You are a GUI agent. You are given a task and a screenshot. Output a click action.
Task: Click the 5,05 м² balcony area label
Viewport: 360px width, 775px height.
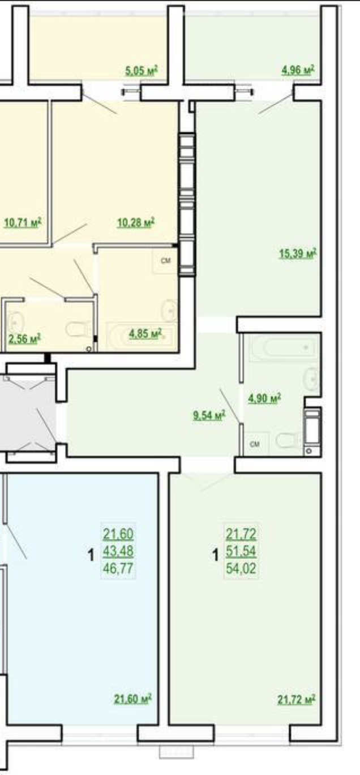pos(142,71)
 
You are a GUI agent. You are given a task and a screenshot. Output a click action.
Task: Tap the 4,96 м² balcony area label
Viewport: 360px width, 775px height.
pos(298,70)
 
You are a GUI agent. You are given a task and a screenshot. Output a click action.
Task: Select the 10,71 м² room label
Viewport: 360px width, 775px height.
pos(23,222)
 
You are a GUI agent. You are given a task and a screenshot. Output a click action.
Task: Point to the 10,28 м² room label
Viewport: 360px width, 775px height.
pos(136,222)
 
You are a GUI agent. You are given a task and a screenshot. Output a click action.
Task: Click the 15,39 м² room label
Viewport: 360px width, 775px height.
pos(298,253)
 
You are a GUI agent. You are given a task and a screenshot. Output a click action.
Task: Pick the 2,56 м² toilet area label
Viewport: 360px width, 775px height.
pos(24,338)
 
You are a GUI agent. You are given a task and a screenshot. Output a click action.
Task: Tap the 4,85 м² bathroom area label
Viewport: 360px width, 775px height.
pos(145,334)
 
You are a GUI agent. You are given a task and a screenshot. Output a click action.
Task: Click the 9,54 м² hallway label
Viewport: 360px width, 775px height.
pos(209,415)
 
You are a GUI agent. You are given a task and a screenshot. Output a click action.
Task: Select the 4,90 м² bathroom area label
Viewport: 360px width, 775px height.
pos(264,398)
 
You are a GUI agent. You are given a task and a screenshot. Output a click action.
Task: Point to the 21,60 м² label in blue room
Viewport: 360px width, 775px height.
pos(133,699)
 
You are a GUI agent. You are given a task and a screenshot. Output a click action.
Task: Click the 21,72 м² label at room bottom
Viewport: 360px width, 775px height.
pos(296,700)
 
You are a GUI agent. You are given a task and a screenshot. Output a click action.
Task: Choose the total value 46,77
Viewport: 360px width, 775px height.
pos(118,568)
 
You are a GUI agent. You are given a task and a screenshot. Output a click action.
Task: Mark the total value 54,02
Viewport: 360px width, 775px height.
pos(241,568)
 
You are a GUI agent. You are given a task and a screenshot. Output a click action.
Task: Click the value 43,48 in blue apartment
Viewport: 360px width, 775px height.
pos(118,551)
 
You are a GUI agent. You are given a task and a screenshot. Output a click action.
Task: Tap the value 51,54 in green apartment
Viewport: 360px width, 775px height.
pos(241,551)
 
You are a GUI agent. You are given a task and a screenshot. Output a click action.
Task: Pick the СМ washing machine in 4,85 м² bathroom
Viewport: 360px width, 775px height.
pos(165,261)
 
